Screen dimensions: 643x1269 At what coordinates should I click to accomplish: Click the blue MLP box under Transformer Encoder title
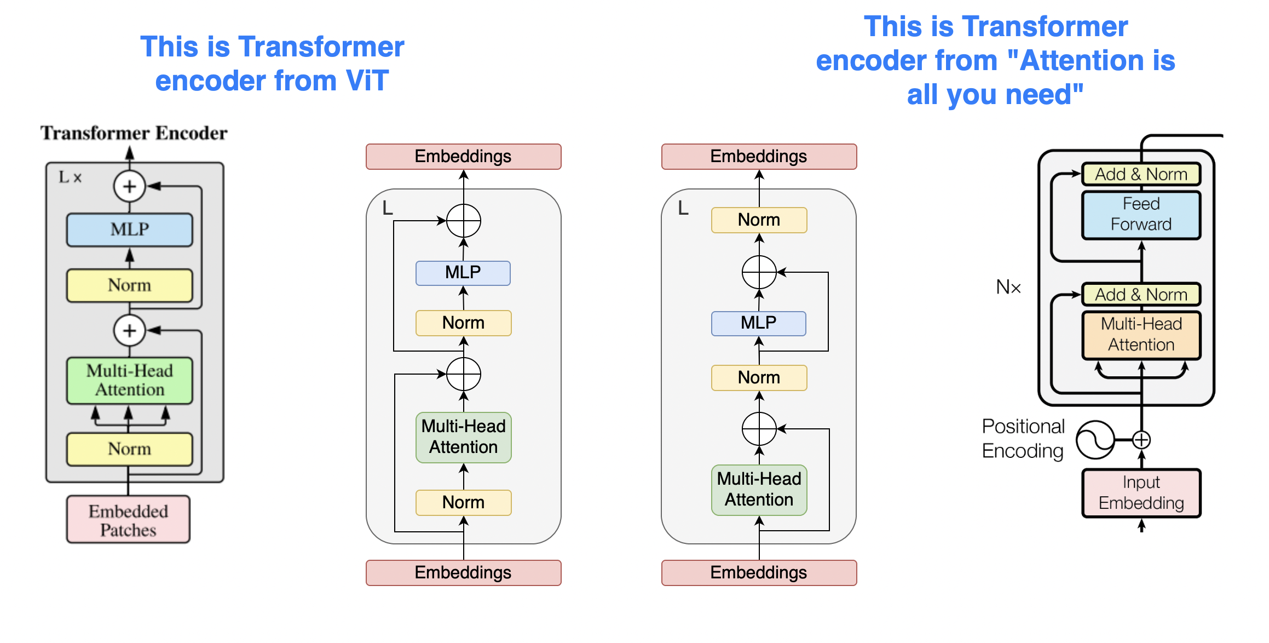130,229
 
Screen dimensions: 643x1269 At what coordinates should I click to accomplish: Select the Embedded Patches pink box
129,520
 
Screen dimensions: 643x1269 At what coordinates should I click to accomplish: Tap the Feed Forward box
1141,214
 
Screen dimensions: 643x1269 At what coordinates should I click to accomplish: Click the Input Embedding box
1141,492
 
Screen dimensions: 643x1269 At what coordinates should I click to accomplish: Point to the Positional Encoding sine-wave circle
1095,440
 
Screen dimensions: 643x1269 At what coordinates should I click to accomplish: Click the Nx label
1008,287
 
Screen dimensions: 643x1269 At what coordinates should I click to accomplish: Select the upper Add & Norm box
1141,174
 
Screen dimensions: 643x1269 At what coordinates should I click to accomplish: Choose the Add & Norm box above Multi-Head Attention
1141,295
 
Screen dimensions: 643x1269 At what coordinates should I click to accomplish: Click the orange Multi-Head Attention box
1141,335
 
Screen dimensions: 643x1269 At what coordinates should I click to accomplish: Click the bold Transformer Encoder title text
134,133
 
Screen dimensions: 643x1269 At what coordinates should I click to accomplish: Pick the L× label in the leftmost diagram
70,177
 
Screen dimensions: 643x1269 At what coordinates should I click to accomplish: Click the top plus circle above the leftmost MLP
129,186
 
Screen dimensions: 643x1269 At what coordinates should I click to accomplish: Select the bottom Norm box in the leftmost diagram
130,449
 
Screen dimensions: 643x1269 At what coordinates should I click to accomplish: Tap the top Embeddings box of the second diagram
463,157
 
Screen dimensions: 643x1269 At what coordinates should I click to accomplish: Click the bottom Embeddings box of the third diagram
759,573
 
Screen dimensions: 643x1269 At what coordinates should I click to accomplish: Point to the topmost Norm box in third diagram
759,220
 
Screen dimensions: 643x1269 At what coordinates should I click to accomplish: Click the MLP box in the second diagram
463,273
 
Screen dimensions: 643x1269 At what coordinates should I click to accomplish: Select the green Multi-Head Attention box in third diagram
759,490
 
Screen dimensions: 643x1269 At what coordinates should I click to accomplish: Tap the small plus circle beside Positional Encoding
1141,440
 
